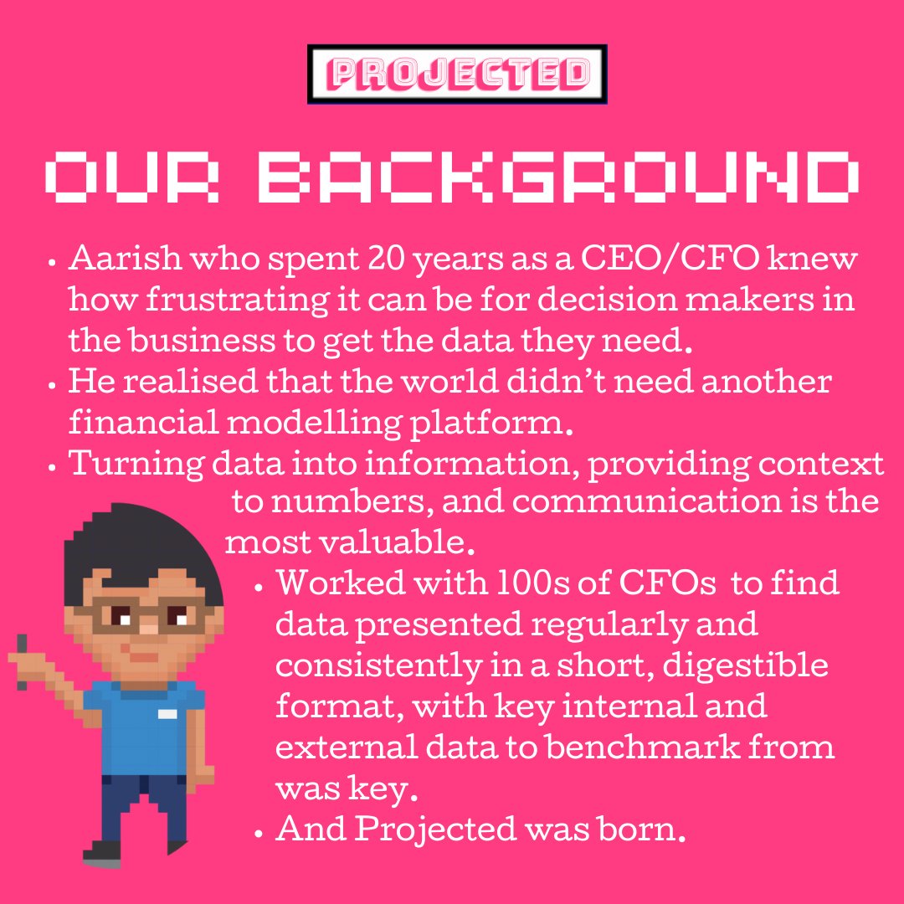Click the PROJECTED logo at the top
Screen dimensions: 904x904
pos(457,74)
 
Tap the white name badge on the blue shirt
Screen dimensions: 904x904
pos(167,714)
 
